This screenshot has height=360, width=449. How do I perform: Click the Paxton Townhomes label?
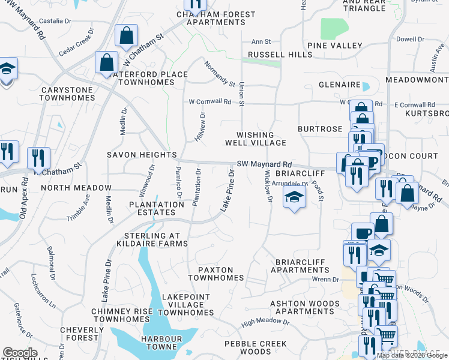click(216, 274)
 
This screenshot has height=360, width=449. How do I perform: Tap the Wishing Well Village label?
click(255, 139)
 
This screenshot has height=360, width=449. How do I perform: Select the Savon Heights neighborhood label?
click(142, 155)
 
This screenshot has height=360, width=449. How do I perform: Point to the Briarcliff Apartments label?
click(308, 266)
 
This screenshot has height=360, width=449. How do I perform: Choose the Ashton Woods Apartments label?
click(305, 307)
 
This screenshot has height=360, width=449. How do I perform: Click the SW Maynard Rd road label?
click(264, 164)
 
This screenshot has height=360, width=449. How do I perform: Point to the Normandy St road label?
click(219, 73)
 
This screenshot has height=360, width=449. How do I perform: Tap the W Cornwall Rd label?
click(209, 102)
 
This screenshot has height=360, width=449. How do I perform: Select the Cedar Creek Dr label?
click(76, 42)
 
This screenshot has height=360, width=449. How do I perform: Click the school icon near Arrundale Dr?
click(294, 199)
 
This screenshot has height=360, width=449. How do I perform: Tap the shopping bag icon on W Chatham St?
click(127, 37)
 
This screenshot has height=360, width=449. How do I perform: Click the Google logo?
click(20, 353)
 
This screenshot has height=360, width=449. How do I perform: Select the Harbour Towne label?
click(161, 343)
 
